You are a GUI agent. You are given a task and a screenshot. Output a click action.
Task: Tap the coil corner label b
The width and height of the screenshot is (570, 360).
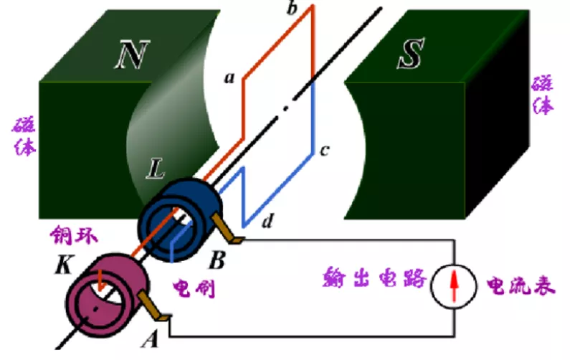(x=291, y=9)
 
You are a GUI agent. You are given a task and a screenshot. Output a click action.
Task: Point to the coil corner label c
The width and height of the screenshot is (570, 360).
(x=323, y=150)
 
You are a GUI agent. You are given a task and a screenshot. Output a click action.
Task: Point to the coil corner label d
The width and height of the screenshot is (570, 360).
(x=267, y=222)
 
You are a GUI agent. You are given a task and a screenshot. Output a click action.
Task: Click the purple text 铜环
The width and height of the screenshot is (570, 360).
(x=72, y=235)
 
